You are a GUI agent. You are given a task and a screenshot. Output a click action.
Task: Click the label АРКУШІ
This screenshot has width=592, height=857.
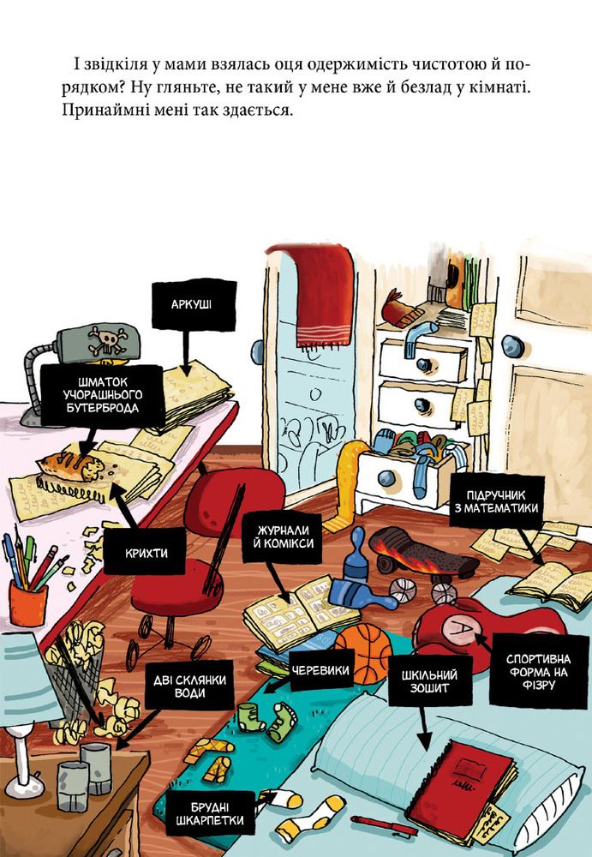(191, 304)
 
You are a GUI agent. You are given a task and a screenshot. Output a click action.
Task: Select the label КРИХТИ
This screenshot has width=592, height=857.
(146, 553)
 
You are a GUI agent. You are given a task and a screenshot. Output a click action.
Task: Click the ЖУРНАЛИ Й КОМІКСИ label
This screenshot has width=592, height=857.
(283, 536)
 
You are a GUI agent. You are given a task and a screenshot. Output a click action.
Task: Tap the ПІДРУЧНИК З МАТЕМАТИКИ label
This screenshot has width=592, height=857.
(496, 501)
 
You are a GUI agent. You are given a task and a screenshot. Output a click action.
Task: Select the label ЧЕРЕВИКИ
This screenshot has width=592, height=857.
(320, 670)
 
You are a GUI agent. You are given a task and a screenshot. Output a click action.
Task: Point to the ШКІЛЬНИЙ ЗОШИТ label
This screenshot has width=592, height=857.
(430, 681)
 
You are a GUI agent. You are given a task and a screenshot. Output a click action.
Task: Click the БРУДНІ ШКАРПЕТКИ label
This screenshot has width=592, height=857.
(210, 813)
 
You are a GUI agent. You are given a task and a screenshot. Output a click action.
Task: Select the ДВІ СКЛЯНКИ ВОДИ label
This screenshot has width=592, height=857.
(189, 686)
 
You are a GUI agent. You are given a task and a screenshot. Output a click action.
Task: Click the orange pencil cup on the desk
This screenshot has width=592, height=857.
(28, 602)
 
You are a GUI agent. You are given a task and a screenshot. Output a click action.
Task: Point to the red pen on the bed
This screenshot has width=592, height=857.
(383, 825)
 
